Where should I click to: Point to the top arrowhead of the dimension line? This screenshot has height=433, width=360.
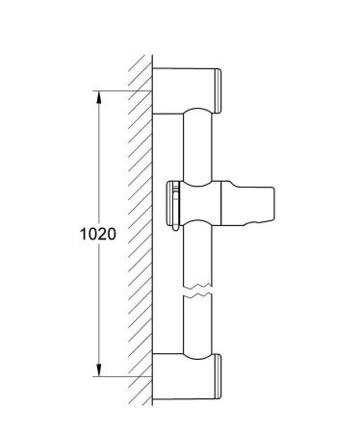click(96, 96)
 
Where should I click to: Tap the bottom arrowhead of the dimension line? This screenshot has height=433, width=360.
click(96, 370)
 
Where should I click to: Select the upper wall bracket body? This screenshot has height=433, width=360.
click(183, 89)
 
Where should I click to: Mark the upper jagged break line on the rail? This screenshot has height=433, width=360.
click(196, 288)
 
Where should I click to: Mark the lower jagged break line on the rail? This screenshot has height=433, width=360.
click(196, 300)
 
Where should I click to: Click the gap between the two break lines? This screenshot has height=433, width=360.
click(196, 294)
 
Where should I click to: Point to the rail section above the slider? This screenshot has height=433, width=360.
click(196, 144)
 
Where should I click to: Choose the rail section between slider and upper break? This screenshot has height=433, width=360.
click(196, 255)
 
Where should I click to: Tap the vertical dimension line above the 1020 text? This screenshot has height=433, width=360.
click(96, 164)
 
